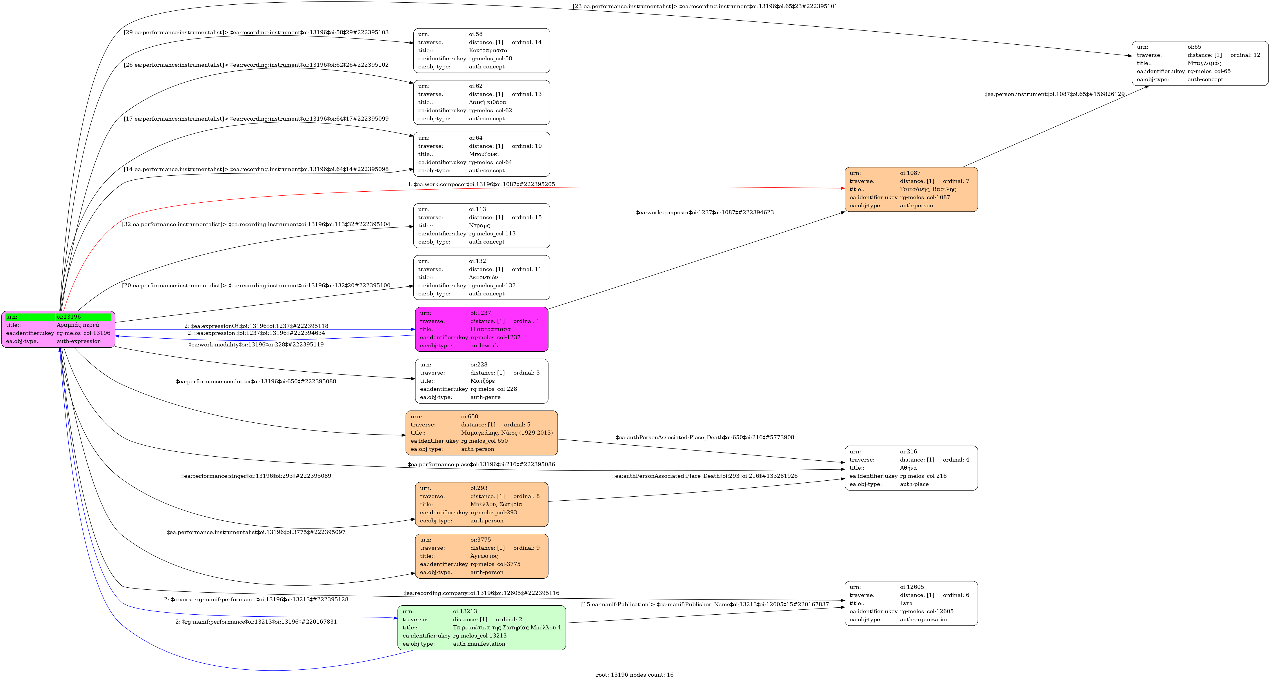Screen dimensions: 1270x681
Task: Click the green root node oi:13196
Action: tap(58, 329)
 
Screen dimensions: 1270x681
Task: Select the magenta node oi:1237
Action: tap(482, 329)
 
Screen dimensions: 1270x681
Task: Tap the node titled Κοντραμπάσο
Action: tap(482, 50)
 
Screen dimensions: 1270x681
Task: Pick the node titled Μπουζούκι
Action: tap(482, 154)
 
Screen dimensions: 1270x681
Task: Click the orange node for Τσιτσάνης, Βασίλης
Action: tap(911, 189)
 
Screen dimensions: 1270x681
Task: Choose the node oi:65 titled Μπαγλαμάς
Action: tap(1200, 63)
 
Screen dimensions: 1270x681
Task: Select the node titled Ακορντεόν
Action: tap(482, 277)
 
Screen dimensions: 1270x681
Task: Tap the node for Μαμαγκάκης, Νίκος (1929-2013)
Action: tap(482, 433)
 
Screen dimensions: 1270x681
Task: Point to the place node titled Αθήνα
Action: tap(911, 468)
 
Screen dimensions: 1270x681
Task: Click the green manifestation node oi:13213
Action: tap(482, 628)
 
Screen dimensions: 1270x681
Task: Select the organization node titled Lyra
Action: tap(911, 603)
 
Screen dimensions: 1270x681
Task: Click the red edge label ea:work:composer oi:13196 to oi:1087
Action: tap(482, 184)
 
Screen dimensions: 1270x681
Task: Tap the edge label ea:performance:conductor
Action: tap(256, 381)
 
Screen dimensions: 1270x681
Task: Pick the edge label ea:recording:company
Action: tap(482, 593)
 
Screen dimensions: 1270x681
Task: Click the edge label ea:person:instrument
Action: tap(1055, 94)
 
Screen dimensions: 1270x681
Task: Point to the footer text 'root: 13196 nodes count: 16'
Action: tap(635, 675)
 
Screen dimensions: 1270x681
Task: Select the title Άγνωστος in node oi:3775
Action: tap(484, 556)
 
